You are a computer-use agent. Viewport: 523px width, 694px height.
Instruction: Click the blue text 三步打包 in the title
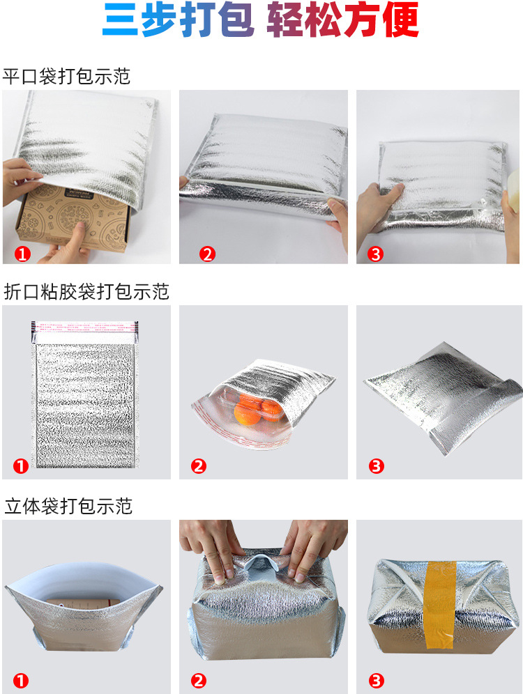click(x=178, y=22)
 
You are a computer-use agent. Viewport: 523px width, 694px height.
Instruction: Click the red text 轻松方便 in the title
click(x=342, y=22)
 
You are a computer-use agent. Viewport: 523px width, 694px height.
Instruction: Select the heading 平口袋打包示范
click(x=66, y=76)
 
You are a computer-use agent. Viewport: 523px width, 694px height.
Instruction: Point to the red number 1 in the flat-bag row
click(x=23, y=254)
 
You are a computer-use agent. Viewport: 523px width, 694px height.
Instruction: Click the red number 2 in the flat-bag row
click(x=207, y=254)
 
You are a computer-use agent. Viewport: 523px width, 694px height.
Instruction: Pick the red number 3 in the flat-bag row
click(x=376, y=254)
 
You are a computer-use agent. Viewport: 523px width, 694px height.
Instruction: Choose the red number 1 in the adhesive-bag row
click(x=21, y=466)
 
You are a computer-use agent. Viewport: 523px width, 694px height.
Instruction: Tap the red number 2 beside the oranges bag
click(x=199, y=466)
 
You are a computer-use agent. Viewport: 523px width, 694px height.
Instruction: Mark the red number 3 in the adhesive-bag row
click(x=377, y=466)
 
